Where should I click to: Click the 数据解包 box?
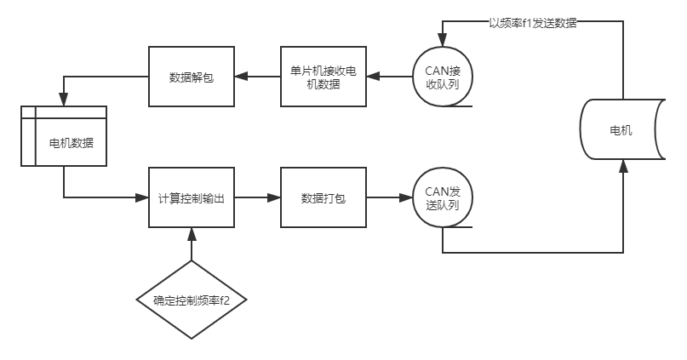coord(192,77)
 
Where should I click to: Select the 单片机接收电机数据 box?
coord(323,77)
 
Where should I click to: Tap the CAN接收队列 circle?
coord(442,77)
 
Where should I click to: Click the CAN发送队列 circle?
coord(442,197)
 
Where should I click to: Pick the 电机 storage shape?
coord(621,131)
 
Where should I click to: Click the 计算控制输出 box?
coord(192,197)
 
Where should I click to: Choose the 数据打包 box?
coord(323,197)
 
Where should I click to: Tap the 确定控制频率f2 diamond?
coord(192,300)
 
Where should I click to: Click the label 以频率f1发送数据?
coord(533,23)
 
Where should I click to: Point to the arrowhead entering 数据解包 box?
coord(241,77)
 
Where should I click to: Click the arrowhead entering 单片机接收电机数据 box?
coord(373,77)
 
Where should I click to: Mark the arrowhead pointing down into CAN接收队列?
coord(442,41)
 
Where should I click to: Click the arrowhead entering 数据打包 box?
coord(274,197)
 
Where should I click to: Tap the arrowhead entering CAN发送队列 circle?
coord(406,197)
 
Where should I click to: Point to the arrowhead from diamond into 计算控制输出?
coord(192,233)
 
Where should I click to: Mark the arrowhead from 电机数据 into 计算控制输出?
coord(142,197)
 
